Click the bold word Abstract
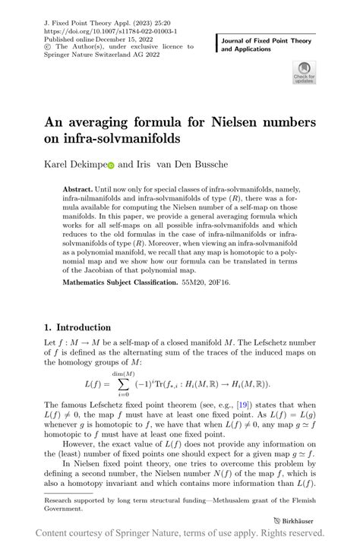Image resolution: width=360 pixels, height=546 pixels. point(81,189)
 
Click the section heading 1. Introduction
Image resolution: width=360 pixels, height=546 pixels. point(77,327)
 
